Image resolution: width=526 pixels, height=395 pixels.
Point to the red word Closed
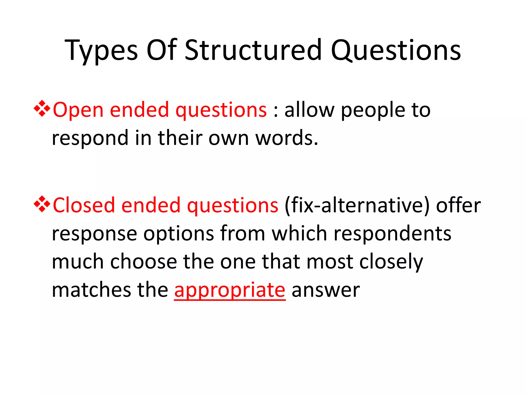(x=84, y=205)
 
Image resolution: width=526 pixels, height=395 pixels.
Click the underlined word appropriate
(x=230, y=290)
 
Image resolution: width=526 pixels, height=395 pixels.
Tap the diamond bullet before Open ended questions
(x=42, y=109)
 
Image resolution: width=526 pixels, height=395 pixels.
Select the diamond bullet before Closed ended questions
(x=42, y=204)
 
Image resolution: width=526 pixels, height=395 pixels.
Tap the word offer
(x=458, y=205)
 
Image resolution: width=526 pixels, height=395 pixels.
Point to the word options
(x=179, y=234)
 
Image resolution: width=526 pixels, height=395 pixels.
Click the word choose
(x=144, y=262)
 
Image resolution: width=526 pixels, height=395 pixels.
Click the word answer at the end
(x=326, y=290)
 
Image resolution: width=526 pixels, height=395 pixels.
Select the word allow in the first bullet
(x=309, y=110)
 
